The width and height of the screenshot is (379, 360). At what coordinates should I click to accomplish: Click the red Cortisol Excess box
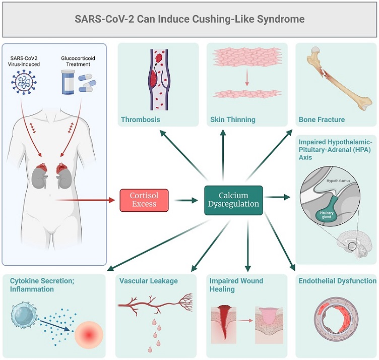(x=144, y=200)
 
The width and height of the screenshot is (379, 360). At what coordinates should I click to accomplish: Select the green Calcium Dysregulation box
(x=233, y=200)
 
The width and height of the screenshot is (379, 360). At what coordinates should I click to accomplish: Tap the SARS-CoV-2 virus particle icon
(x=24, y=82)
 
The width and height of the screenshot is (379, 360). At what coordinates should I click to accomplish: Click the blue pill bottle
(x=68, y=82)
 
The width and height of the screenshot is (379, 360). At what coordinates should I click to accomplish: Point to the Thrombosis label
(x=141, y=119)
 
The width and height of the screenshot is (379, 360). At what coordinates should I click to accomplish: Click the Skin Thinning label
(x=233, y=119)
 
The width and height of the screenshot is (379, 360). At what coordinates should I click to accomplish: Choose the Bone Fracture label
(x=322, y=119)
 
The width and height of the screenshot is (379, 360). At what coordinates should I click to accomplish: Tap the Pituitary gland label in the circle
(x=326, y=215)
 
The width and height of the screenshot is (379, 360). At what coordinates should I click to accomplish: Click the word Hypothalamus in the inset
(x=338, y=181)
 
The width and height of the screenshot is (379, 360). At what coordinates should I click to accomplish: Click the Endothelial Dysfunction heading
(x=338, y=281)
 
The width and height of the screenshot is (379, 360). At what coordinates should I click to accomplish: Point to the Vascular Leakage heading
(x=148, y=281)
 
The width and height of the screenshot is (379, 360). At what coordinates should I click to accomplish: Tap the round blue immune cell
(x=24, y=314)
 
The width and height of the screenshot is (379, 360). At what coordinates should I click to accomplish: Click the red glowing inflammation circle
(x=89, y=335)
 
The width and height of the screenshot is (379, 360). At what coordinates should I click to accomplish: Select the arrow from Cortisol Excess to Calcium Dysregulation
(x=186, y=200)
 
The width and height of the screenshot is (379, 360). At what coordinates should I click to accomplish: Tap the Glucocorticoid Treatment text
(x=78, y=61)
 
